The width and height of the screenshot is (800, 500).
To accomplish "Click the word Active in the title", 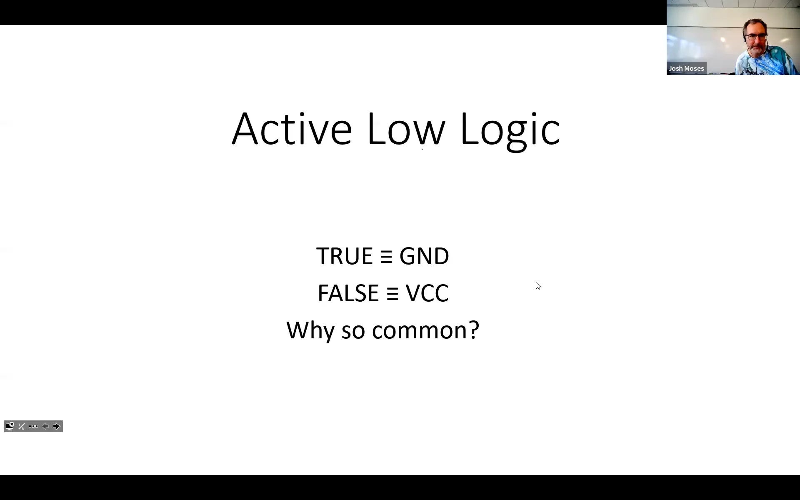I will (292, 129).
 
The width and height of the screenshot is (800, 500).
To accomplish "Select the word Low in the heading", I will (406, 129).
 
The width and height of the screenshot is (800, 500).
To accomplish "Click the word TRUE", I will (344, 256).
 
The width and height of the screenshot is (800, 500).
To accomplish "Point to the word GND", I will (424, 256).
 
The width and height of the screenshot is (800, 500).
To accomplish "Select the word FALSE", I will (348, 293).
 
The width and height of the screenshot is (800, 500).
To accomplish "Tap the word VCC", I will (427, 293).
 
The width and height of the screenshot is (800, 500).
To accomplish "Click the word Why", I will (310, 330).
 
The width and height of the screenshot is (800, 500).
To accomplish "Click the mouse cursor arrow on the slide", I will (538, 285).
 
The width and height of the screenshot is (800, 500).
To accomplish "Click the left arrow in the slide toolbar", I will (45, 426).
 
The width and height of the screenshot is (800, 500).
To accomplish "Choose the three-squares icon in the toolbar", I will (33, 426).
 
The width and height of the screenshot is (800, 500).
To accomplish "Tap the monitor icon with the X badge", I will (10, 426).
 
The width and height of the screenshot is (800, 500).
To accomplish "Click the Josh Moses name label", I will (686, 68).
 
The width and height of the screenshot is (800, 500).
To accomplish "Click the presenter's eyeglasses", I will (756, 37).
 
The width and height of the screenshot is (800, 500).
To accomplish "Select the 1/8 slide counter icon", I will (22, 426).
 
